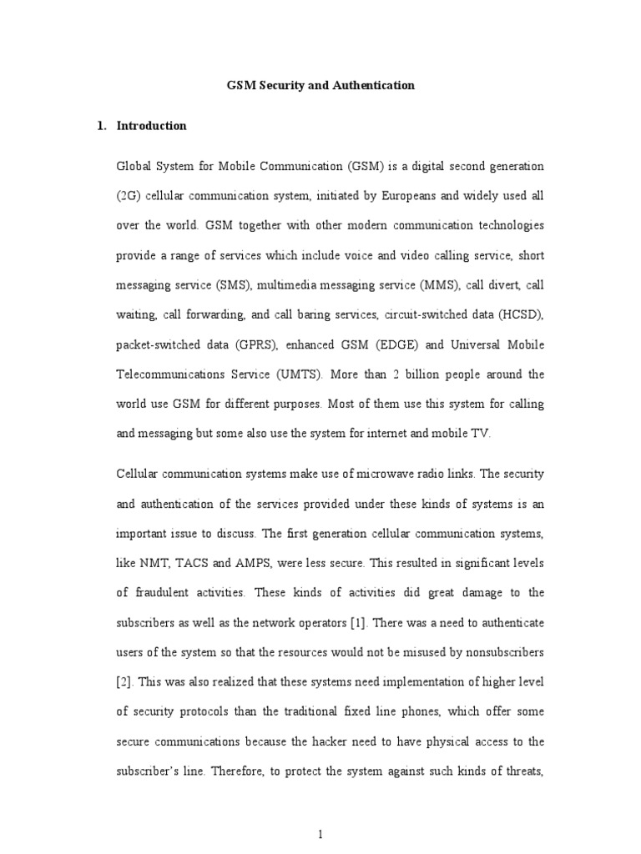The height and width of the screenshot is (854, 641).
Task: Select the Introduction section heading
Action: (151, 126)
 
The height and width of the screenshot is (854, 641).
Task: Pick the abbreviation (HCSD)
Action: (518, 314)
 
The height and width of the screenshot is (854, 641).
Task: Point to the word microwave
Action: (371, 474)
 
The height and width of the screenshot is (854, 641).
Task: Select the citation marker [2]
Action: (124, 681)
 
